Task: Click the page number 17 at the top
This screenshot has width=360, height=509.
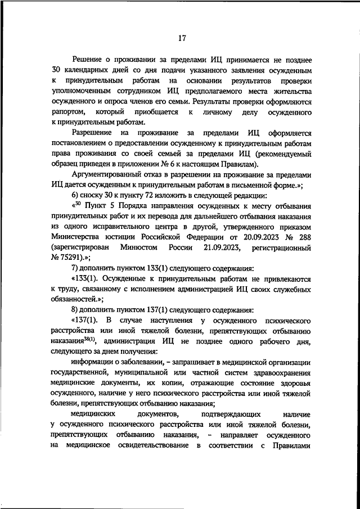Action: pyautogui.click(x=182, y=38)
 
